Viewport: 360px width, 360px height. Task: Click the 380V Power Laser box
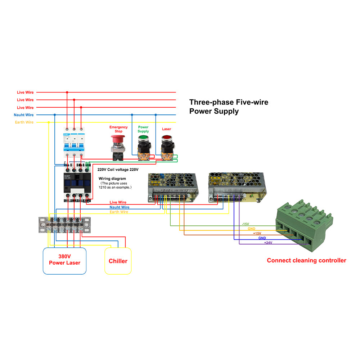point(65,260)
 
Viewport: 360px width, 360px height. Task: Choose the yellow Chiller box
point(118,261)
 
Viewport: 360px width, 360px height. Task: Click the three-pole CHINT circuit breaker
point(74,142)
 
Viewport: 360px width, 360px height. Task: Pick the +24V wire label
point(268,243)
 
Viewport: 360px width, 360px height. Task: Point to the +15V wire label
point(257,233)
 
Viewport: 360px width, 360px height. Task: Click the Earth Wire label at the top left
point(24,122)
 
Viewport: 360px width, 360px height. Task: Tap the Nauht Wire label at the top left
point(24,115)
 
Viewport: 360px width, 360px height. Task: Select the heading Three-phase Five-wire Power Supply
point(229,107)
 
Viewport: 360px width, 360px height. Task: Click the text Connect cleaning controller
point(306,261)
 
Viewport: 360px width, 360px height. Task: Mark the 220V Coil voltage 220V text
point(118,169)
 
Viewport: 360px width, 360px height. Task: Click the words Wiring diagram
point(112,179)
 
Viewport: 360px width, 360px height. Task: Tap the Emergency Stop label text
point(118,129)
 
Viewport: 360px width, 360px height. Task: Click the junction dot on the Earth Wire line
point(49,122)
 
